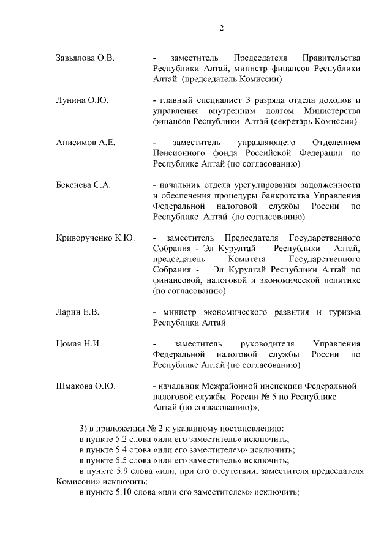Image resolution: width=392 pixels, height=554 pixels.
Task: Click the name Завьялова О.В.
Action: (x=85, y=58)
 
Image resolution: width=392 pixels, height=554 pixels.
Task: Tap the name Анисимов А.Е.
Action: (x=85, y=143)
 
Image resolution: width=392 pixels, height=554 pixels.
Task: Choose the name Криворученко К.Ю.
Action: (x=95, y=238)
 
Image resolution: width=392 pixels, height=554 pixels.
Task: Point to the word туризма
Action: (x=344, y=312)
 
